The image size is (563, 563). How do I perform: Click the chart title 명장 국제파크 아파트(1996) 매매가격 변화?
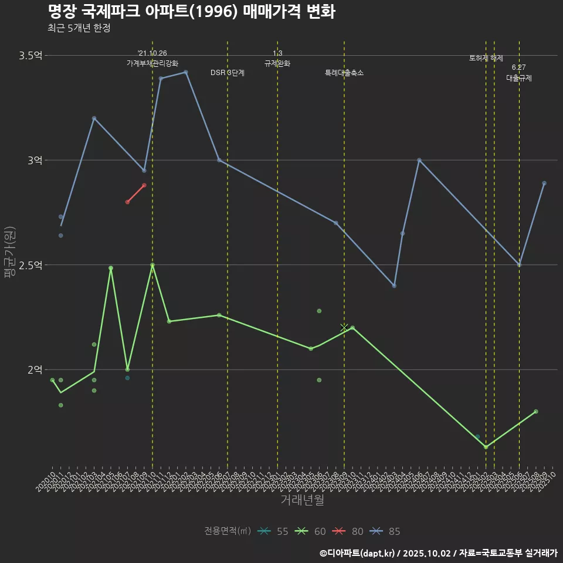coord(191,11)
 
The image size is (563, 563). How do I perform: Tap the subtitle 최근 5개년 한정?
coord(79,28)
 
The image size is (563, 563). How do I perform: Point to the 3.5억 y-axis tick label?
coord(30,56)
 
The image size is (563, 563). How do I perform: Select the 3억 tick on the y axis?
coord(35,160)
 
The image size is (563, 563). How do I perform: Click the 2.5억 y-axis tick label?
coord(30,265)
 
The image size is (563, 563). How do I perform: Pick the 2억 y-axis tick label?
coord(35,369)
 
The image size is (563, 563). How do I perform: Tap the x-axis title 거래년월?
coord(302,500)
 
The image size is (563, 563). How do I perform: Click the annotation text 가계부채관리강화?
coord(152,63)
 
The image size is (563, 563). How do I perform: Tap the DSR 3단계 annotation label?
coord(228,73)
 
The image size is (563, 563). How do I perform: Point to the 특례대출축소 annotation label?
coord(344,73)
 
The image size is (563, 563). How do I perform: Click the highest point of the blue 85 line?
coord(186,72)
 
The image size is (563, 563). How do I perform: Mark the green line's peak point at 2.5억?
coord(152,265)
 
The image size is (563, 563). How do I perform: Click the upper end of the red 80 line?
coord(144,185)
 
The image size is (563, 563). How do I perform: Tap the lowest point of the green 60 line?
coord(486,447)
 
